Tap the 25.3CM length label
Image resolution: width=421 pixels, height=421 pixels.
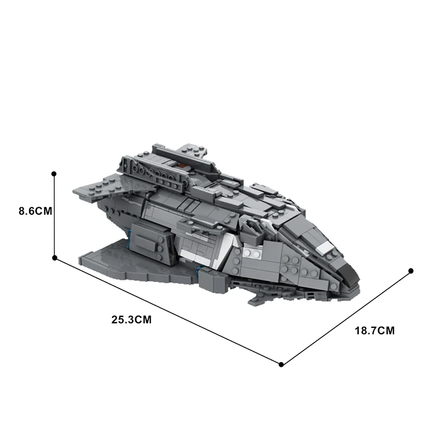[x=131, y=319]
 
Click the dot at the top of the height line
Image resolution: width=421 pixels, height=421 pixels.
[x=54, y=173]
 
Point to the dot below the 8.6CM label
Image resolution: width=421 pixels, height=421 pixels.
[x=54, y=258]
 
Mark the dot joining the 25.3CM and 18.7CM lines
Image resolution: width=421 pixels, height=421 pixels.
[x=282, y=364]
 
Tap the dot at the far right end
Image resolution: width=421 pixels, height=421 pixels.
[x=411, y=271]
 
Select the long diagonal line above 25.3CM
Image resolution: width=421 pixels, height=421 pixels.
[x=168, y=311]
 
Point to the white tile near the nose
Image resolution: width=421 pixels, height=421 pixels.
[x=325, y=247]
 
